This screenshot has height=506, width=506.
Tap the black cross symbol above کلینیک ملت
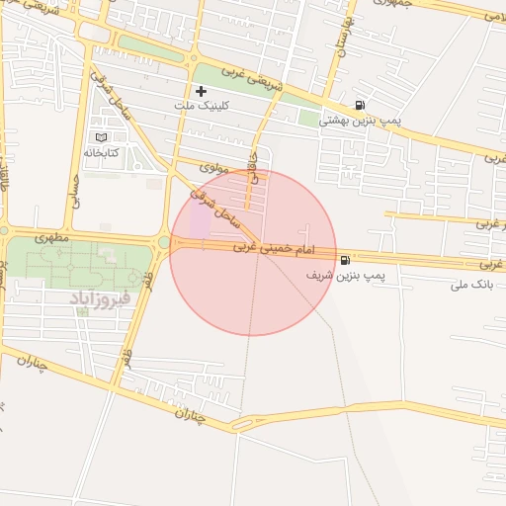click(202, 91)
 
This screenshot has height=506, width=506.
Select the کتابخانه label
click(101, 153)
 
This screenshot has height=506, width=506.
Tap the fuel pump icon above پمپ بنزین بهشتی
click(357, 106)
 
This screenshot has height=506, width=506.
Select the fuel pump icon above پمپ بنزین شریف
click(344, 261)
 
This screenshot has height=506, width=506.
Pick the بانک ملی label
click(471, 286)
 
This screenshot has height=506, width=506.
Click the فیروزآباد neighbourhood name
click(101, 296)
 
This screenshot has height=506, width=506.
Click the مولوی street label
click(213, 168)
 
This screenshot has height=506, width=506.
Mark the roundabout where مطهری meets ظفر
click(163, 241)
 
